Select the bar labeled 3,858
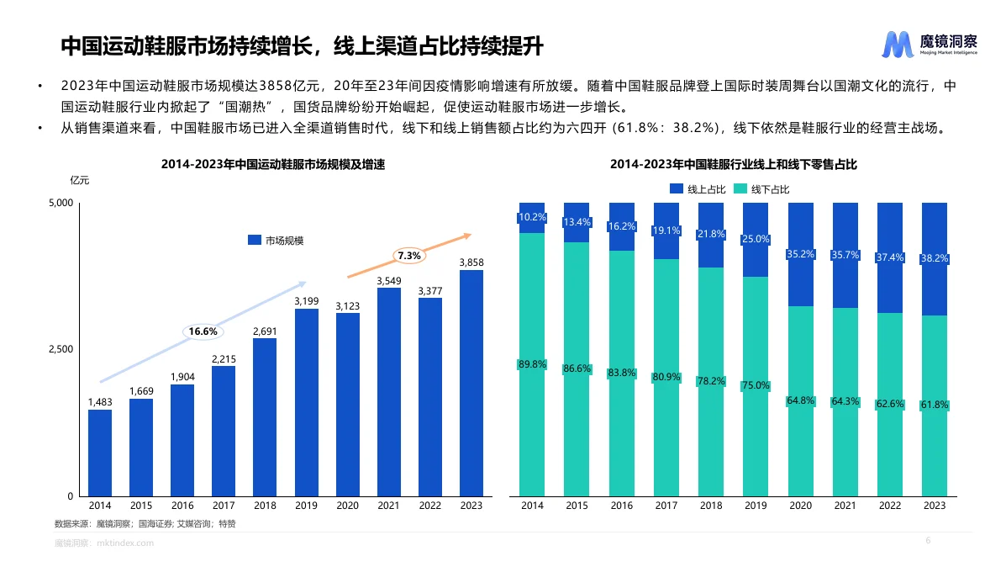point(471,383)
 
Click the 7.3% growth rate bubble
point(409,255)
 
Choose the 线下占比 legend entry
point(761,189)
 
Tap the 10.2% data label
point(532,217)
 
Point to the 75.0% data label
point(755,385)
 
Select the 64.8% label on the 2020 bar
point(800,400)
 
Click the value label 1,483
point(100,402)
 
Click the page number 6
point(928,540)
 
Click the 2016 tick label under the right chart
point(621,506)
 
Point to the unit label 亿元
point(80,180)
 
